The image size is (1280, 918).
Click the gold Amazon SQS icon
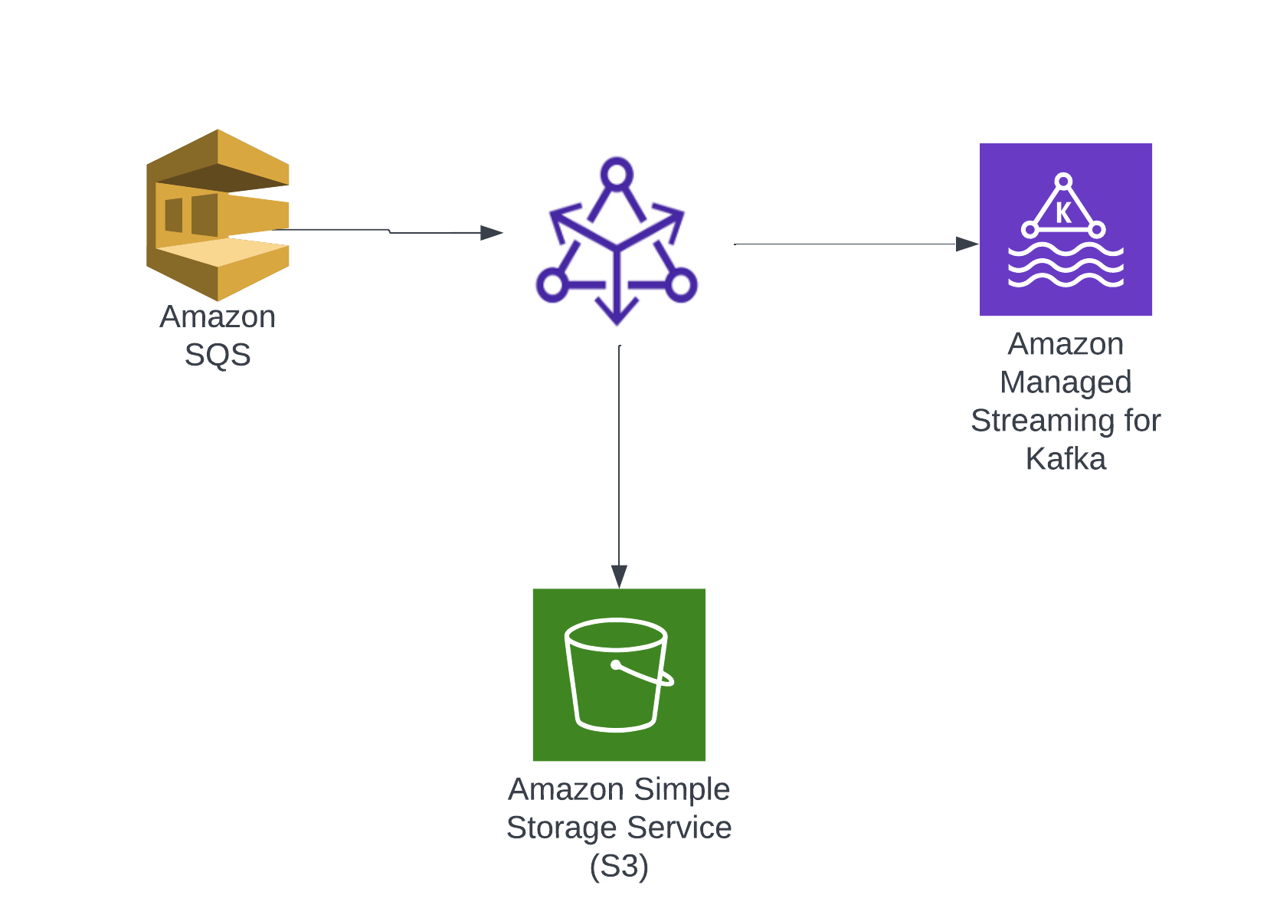pos(218,215)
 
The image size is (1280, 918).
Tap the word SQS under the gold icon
pos(218,355)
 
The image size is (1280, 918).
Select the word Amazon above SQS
pos(218,316)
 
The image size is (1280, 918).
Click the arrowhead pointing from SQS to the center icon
pos(491,232)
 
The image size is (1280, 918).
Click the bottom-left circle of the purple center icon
pos(551,285)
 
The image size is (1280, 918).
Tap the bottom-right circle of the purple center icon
pos(680,285)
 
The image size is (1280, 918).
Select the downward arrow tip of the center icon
pos(617,316)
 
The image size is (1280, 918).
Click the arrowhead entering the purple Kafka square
pos(967,244)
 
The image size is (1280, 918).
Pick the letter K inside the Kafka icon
pos(1063,212)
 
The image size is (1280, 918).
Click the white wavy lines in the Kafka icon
pos(1066,266)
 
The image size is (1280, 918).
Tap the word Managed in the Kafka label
pos(1066,382)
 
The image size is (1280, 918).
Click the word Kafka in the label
pos(1066,459)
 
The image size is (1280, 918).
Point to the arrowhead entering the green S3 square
pos(619,575)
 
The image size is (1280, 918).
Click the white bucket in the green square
pos(617,674)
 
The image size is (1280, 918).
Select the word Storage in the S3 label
pos(561,828)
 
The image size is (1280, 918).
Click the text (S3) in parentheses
pos(619,866)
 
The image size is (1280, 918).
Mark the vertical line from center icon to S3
pos(619,460)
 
